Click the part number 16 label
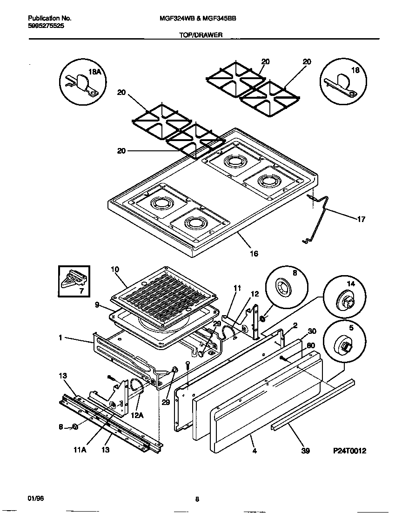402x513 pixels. point(254,254)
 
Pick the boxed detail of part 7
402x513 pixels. point(75,282)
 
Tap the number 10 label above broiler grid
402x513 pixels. point(115,270)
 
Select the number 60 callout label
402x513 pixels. point(312,345)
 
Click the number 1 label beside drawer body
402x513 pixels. point(61,338)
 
